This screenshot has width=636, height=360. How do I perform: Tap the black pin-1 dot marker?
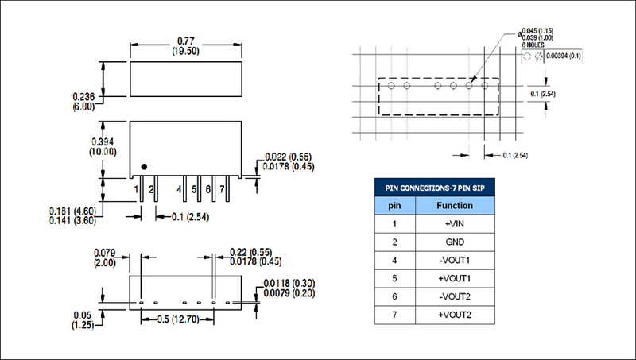tap(144, 166)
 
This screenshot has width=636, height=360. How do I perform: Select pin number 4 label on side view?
tap(180, 189)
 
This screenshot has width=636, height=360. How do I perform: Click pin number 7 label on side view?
tap(223, 189)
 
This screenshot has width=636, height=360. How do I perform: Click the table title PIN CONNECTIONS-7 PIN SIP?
tap(434, 188)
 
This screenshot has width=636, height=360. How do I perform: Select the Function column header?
tap(456, 206)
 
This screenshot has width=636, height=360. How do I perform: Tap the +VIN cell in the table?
tap(456, 225)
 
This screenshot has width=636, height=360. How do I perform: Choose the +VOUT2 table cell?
tap(456, 316)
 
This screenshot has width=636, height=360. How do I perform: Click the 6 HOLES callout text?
tap(533, 46)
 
